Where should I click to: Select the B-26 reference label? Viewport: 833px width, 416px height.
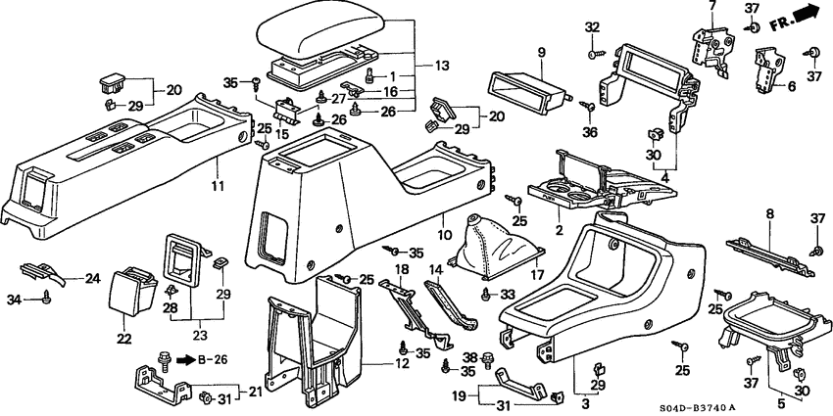pyautogui.click(x=213, y=360)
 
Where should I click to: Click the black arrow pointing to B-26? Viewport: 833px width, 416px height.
pyautogui.click(x=185, y=361)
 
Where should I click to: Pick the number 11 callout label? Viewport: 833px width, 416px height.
pyautogui.click(x=218, y=186)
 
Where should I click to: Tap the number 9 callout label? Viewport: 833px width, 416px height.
pyautogui.click(x=541, y=52)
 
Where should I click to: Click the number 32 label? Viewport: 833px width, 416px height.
pyautogui.click(x=592, y=27)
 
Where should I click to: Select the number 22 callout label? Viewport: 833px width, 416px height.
pyautogui.click(x=123, y=339)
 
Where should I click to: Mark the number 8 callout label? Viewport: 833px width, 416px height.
pyautogui.click(x=769, y=214)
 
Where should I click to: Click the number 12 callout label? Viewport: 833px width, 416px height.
pyautogui.click(x=402, y=364)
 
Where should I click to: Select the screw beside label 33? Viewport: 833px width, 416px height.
pyautogui.click(x=485, y=295)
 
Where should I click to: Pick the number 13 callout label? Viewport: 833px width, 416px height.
pyautogui.click(x=442, y=67)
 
